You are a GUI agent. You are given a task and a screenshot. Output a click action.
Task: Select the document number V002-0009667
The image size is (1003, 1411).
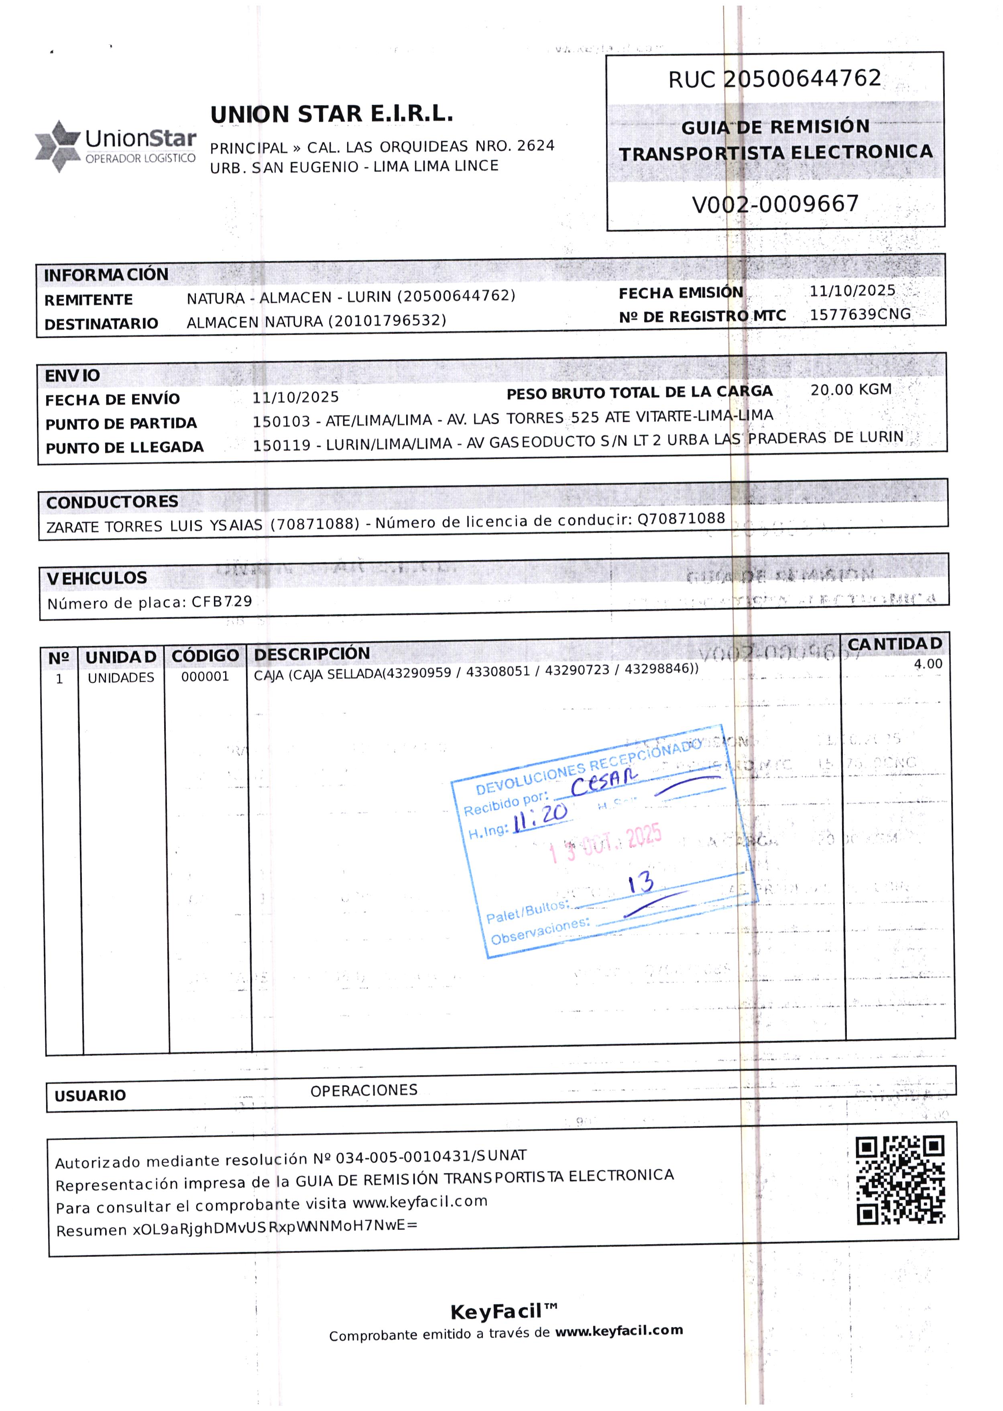pos(775,204)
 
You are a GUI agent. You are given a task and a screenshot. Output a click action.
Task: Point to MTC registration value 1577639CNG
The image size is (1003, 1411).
pos(860,314)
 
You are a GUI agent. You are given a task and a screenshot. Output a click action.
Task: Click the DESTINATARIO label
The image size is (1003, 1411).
pos(101,324)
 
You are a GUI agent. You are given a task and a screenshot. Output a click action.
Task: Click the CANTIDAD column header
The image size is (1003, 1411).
pos(894,644)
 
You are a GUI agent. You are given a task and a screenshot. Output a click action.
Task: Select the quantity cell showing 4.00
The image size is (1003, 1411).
pos(928,664)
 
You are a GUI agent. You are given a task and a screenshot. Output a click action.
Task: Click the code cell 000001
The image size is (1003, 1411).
pos(205,677)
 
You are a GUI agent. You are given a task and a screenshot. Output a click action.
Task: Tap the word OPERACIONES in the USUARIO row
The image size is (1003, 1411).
pos(364,1090)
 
